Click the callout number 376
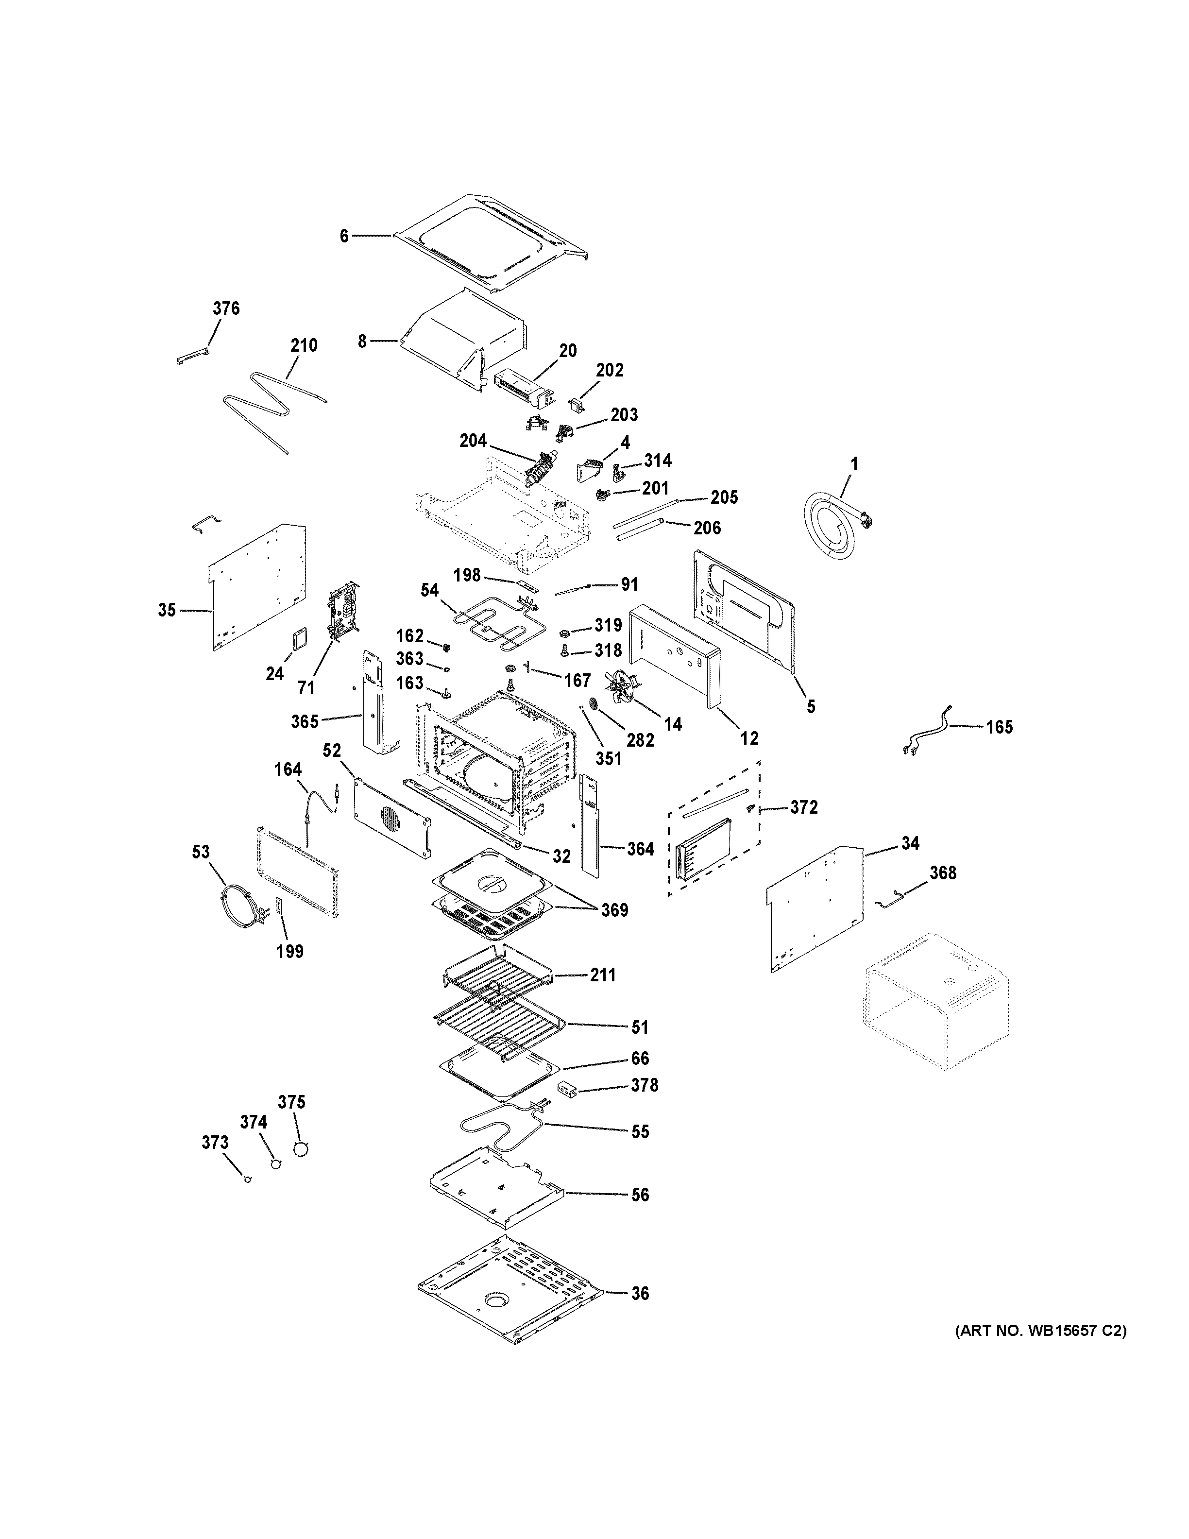(x=226, y=308)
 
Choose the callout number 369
(x=614, y=910)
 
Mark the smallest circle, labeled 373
(x=247, y=1179)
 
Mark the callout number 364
(x=640, y=849)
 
